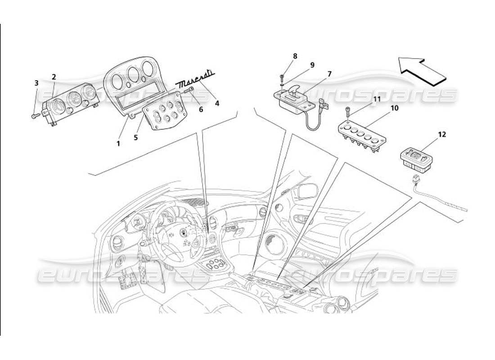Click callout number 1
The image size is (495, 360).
pos(118,144)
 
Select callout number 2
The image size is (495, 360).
pos(54,77)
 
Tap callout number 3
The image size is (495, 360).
pos(36,83)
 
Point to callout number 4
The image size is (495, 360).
pos(217,103)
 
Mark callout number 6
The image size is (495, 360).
pos(201,109)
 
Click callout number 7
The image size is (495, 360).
pos(329,73)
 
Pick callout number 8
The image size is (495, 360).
pos(295,56)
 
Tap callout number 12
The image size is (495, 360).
pos(442,134)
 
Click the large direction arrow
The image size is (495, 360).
pos(423,71)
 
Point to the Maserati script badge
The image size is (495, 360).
pos(195,81)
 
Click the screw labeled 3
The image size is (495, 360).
pos(35,116)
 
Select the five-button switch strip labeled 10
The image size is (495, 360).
pos(362,133)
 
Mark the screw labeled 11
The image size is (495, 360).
pos(348,110)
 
